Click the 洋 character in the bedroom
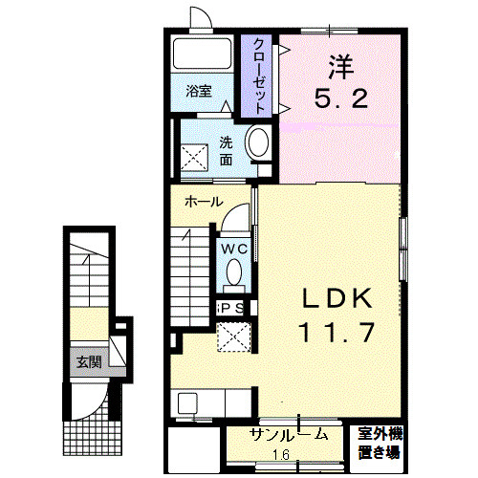pyautogui.click(x=341, y=67)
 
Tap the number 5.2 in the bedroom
pyautogui.click(x=341, y=98)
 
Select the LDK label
pyautogui.click(x=337, y=298)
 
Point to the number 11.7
pyautogui.click(x=337, y=333)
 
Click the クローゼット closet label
pyautogui.click(x=259, y=76)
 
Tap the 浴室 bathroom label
pyautogui.click(x=199, y=92)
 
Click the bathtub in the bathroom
pyautogui.click(x=202, y=54)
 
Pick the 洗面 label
pyautogui.click(x=226, y=151)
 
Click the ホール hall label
pyautogui.click(x=204, y=202)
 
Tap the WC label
pyautogui.click(x=234, y=249)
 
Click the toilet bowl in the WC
pyautogui.click(x=234, y=272)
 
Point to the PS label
pyautogui.click(x=232, y=308)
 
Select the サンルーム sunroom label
pyautogui.click(x=289, y=435)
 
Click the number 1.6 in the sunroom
pyautogui.click(x=281, y=454)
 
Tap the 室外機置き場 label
pyautogui.click(x=380, y=444)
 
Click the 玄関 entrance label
pyautogui.click(x=90, y=362)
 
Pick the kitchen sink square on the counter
pyautogui.click(x=185, y=403)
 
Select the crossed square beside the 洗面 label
pyautogui.click(x=194, y=158)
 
